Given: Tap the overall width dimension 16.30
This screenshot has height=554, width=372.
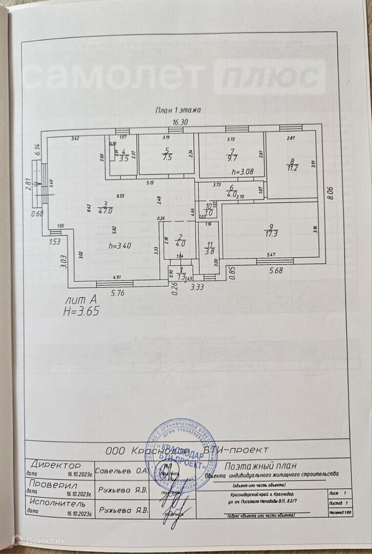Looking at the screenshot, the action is click(x=180, y=122).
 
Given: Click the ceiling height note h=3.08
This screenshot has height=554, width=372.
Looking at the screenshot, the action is click(x=242, y=171).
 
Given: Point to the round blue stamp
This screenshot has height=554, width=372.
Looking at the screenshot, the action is click(x=175, y=459).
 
